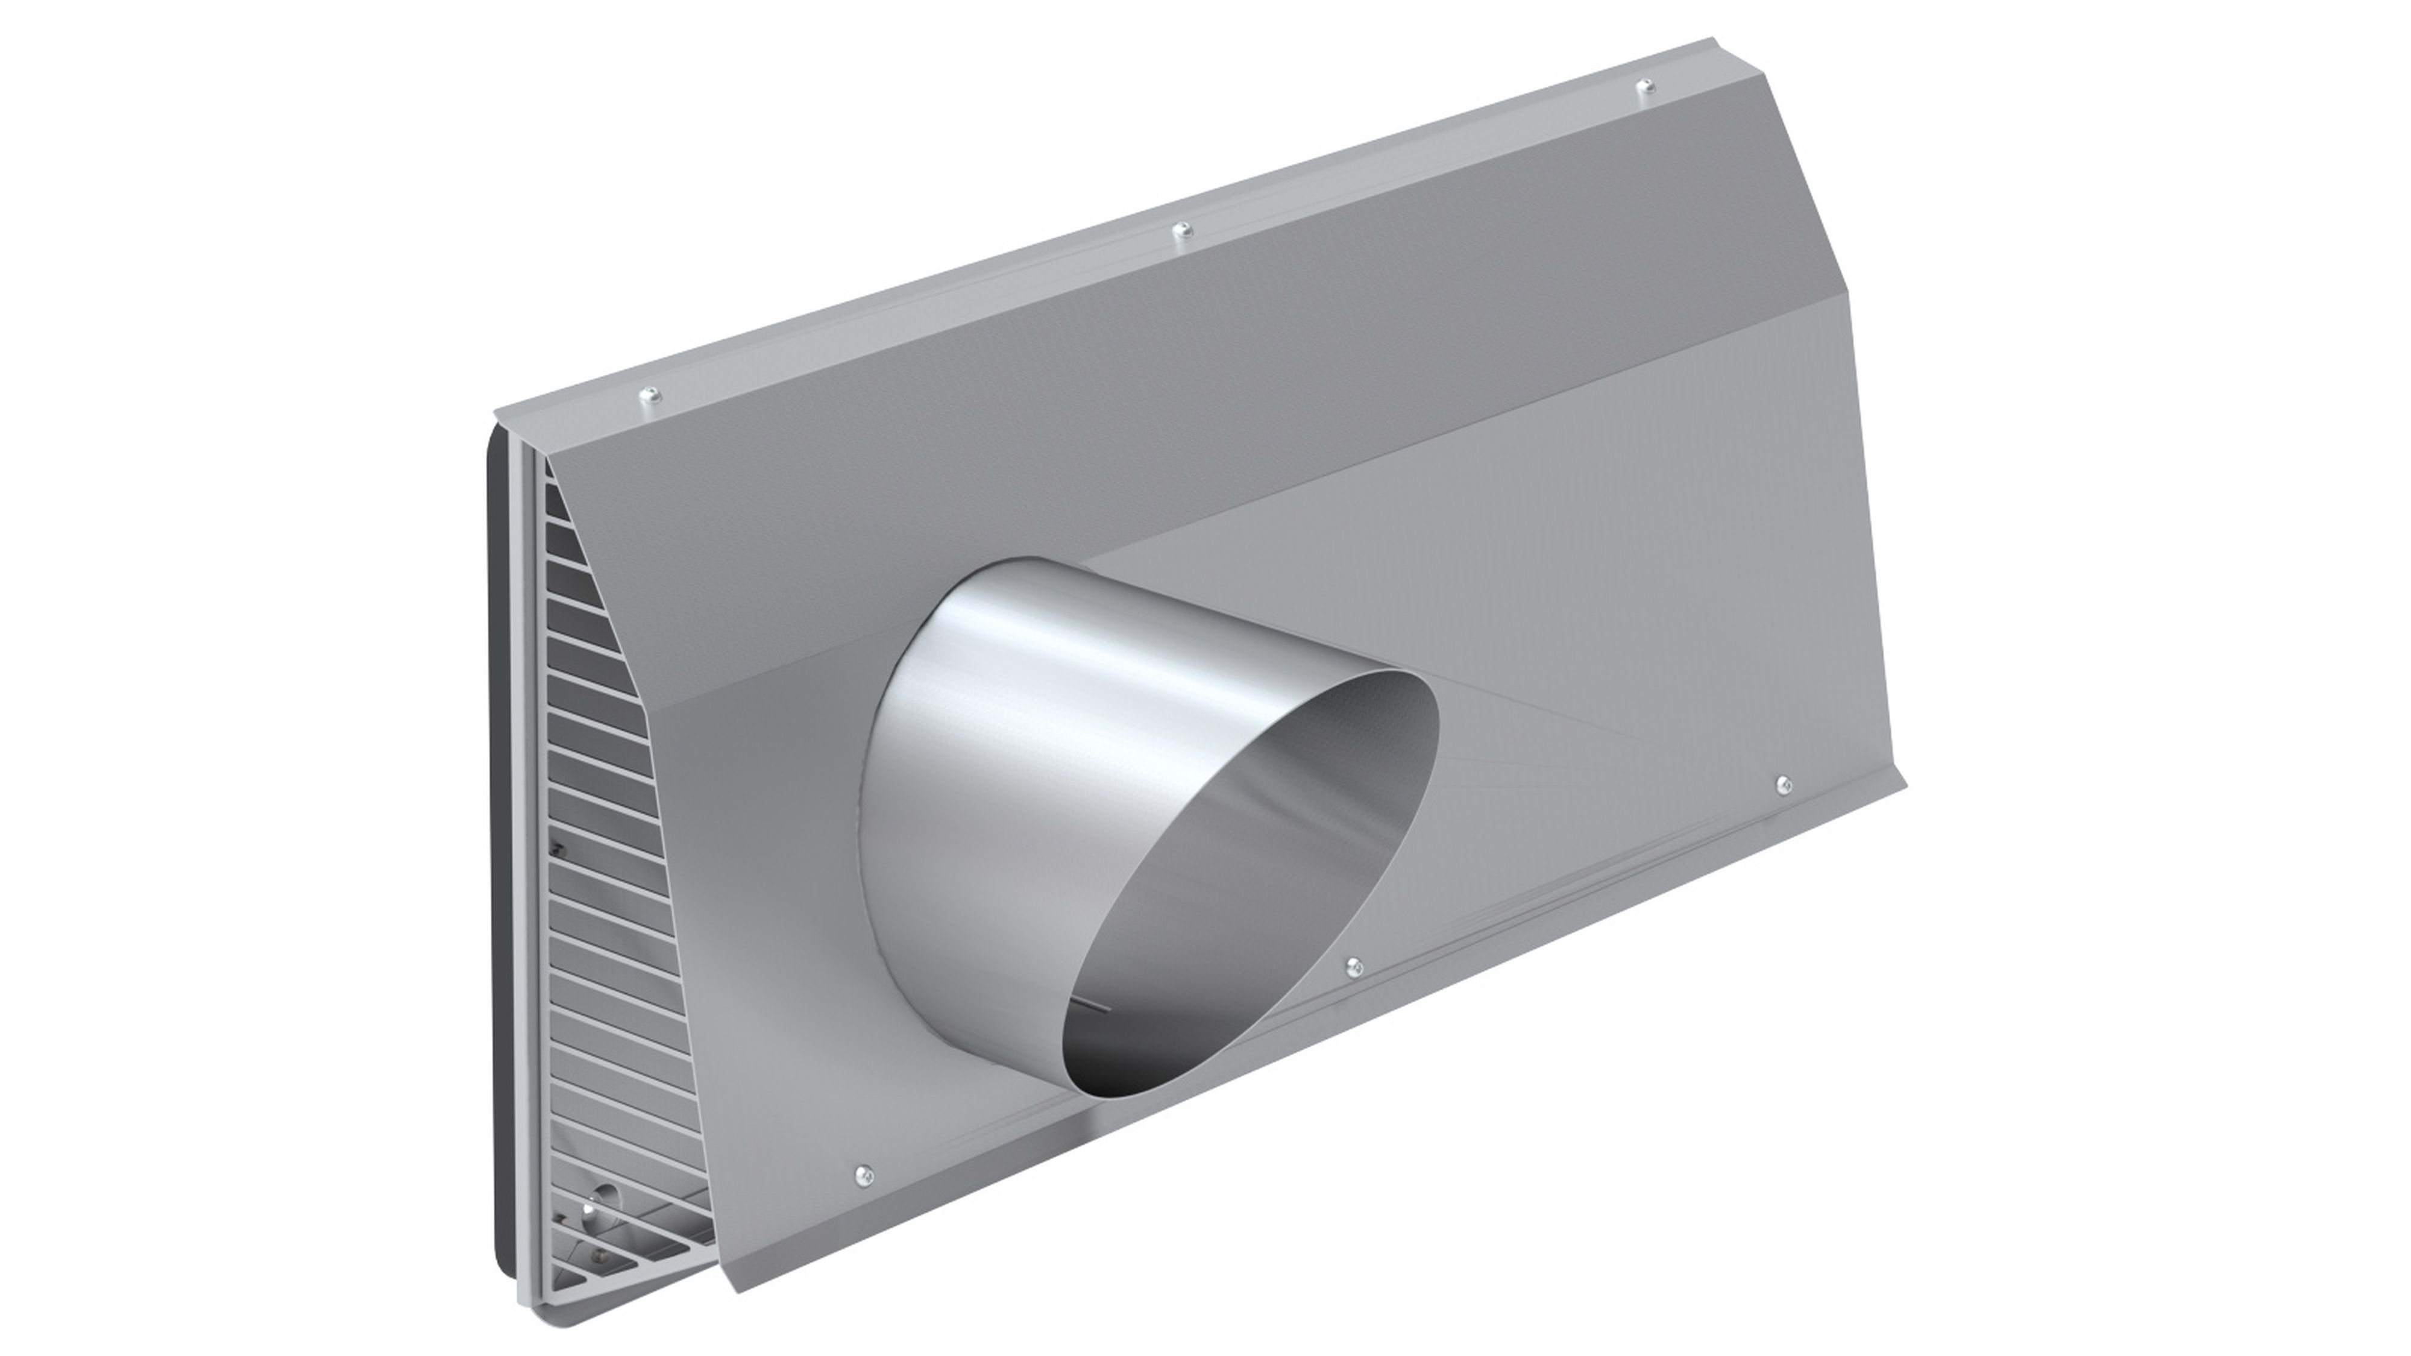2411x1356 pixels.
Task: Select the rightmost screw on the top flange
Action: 1646,87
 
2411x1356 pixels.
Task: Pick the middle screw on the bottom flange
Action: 1353,965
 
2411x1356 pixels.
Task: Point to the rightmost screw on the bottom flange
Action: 1783,783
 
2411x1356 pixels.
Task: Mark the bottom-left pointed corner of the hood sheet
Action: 740,1292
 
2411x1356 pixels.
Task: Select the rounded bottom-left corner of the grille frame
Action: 529,1301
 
